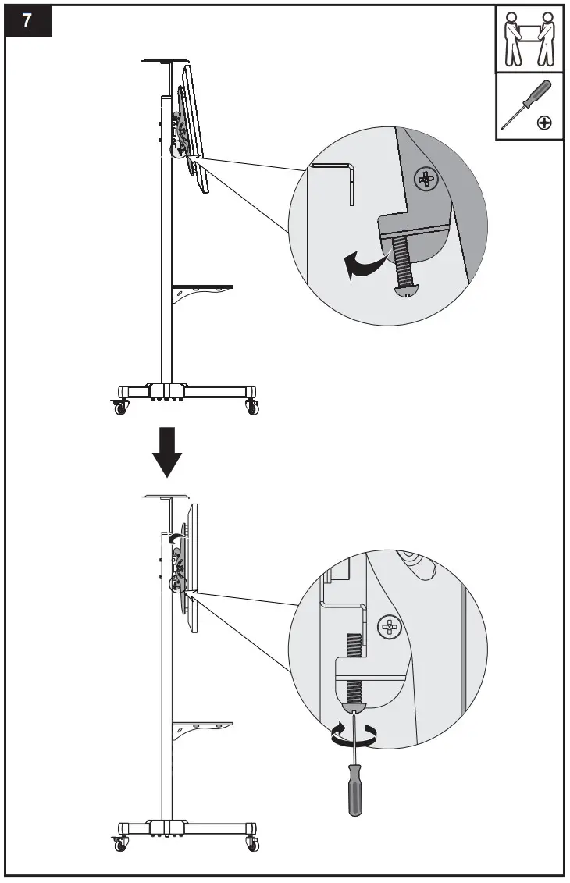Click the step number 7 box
pyautogui.click(x=28, y=21)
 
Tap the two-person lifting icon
pyautogui.click(x=529, y=40)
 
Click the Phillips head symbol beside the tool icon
pyautogui.click(x=545, y=123)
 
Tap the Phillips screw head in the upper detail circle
pyautogui.click(x=426, y=180)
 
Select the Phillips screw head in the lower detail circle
pyautogui.click(x=388, y=625)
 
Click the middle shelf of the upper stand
pyautogui.click(x=201, y=287)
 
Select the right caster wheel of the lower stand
pyautogui.click(x=252, y=844)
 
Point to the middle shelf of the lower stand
pyautogui.click(x=201, y=724)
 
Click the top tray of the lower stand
pyautogui.click(x=166, y=496)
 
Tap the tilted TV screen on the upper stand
pyautogui.click(x=197, y=129)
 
